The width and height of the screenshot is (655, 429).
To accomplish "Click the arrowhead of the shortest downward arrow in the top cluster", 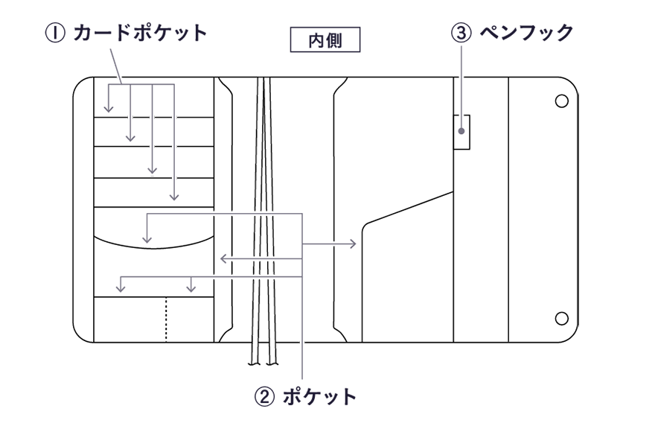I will [109, 111].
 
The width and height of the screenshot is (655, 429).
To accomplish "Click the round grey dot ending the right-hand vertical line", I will [461, 132].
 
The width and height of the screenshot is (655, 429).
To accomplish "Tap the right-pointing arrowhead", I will [354, 244].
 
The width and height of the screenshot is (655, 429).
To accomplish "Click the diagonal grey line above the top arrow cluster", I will [117, 65].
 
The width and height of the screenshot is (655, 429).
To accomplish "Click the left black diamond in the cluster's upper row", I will [141, 117].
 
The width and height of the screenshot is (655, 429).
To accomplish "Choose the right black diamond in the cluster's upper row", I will [164, 117].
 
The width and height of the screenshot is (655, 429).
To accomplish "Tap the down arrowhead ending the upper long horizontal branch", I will [147, 240].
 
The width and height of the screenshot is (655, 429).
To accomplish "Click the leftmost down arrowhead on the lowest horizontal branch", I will [121, 287].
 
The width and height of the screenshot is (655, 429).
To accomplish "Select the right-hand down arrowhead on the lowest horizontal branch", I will [192, 287].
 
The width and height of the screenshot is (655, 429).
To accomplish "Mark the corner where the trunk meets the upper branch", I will [303, 215].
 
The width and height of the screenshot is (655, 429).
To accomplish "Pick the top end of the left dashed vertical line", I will [260, 79].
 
